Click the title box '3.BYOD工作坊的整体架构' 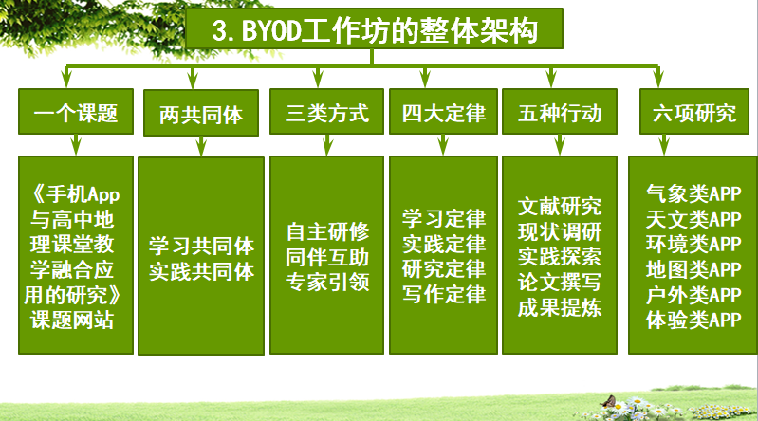374,28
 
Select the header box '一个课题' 76,112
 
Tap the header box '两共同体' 201,113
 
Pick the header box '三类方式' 326,112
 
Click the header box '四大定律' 443,112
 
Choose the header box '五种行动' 560,112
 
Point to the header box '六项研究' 694,112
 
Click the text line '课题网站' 72,320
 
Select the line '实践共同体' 201,271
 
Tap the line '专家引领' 327,283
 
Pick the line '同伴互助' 327,257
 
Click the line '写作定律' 444,294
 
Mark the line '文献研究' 560,207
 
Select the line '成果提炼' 560,307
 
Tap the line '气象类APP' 693,193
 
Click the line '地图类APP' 693,269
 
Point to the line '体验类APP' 693,320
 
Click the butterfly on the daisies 608,401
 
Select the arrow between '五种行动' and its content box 560,144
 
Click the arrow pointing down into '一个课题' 66,77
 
